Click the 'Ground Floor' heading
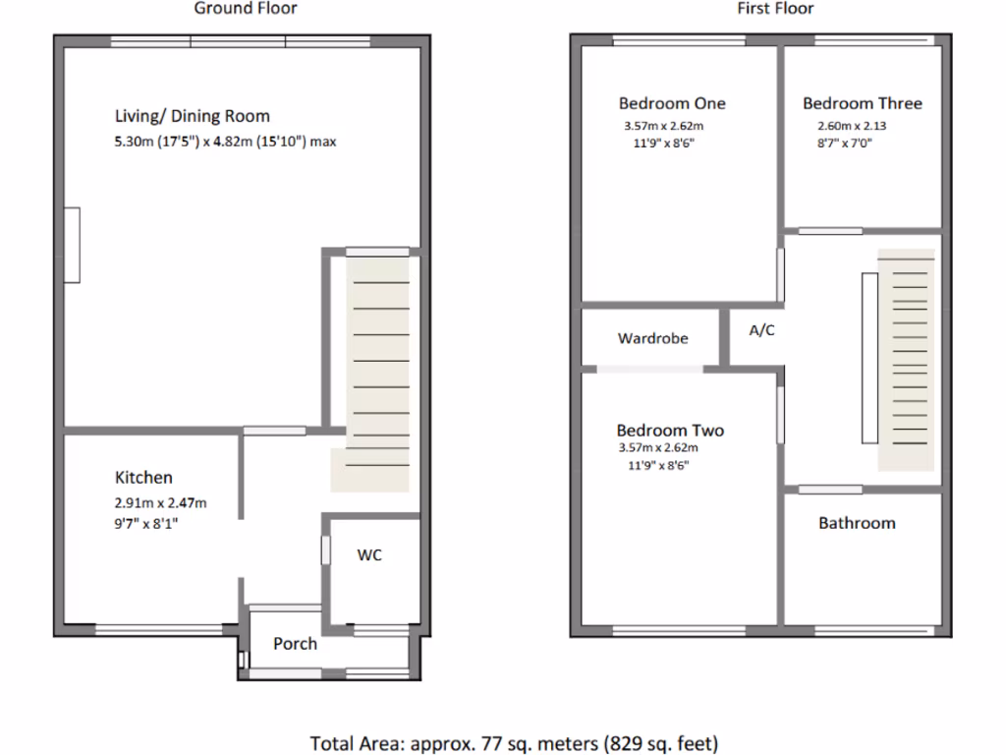pyautogui.click(x=245, y=9)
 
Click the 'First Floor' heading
pyautogui.click(x=775, y=9)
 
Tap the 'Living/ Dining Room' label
pyautogui.click(x=192, y=115)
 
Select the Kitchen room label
pyautogui.click(x=143, y=478)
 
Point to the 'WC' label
pyautogui.click(x=369, y=555)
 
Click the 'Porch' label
pyautogui.click(x=295, y=644)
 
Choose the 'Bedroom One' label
pyautogui.click(x=672, y=103)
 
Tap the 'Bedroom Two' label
pyautogui.click(x=670, y=431)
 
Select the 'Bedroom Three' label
pyautogui.click(x=862, y=103)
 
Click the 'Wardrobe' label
pyautogui.click(x=652, y=338)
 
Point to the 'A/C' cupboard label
pyautogui.click(x=762, y=330)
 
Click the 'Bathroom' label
pyautogui.click(x=857, y=523)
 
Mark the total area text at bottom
pyautogui.click(x=516, y=742)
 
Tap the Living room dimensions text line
pyautogui.click(x=226, y=142)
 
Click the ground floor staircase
pyautogui.click(x=377, y=374)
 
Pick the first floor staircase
pyautogui.click(x=903, y=359)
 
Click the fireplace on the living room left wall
pyautogui.click(x=72, y=245)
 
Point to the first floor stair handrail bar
pyautogui.click(x=868, y=359)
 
